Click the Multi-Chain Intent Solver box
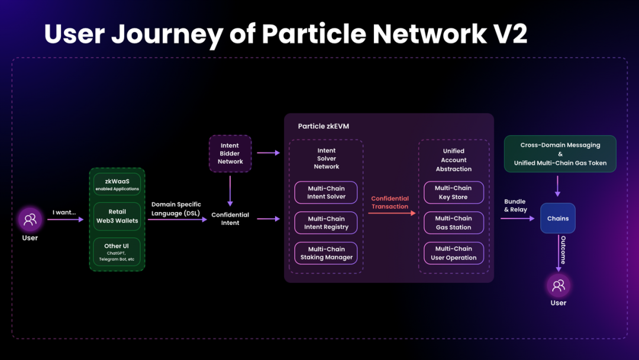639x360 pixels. coord(326,192)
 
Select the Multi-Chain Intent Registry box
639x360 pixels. coord(326,223)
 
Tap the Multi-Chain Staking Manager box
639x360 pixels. coord(326,253)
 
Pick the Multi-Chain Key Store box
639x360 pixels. coord(453,192)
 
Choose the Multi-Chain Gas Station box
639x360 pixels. coord(453,223)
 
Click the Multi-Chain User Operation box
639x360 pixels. coord(453,253)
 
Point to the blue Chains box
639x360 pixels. coord(557,218)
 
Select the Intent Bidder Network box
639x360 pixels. coord(230,153)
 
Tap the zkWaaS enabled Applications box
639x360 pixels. coord(117,184)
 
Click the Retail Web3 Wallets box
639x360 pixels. coord(117,216)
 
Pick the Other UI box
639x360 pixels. coord(117,252)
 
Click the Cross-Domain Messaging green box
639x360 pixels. coord(560,154)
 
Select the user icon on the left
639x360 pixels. coord(30,220)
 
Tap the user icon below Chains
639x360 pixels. coord(558,286)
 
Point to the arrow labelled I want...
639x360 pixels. coord(65,220)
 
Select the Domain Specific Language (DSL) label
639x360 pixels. coord(176,208)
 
